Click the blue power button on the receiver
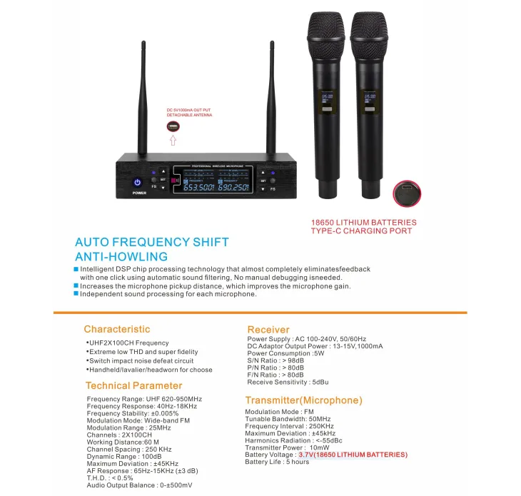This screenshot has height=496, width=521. point(138,183)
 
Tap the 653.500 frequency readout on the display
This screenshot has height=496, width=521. point(204,187)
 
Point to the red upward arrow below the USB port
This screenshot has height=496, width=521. point(172,141)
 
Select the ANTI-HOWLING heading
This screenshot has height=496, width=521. point(121,256)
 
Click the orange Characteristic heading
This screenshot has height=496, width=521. point(117,329)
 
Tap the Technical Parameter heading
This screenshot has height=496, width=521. point(133,386)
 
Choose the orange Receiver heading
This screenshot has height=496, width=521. point(268,329)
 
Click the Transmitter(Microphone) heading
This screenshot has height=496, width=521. point(303,400)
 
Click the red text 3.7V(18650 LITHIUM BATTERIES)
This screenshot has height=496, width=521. point(353,455)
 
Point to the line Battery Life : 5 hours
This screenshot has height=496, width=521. point(277,462)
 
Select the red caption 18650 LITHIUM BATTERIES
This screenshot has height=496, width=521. point(364,223)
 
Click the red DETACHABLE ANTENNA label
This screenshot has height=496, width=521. point(189,115)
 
